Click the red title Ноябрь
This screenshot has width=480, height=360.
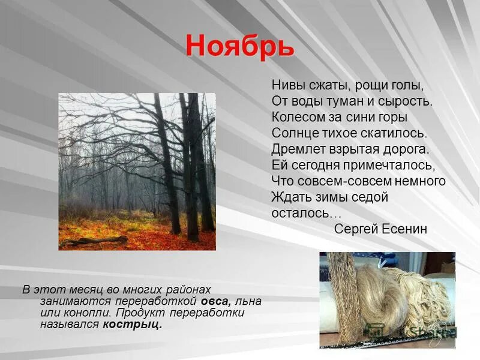point(239,46)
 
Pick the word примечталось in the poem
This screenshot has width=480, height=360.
point(392,165)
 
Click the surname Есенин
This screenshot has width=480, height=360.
point(401,229)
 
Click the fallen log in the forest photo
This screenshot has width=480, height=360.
point(94,241)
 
